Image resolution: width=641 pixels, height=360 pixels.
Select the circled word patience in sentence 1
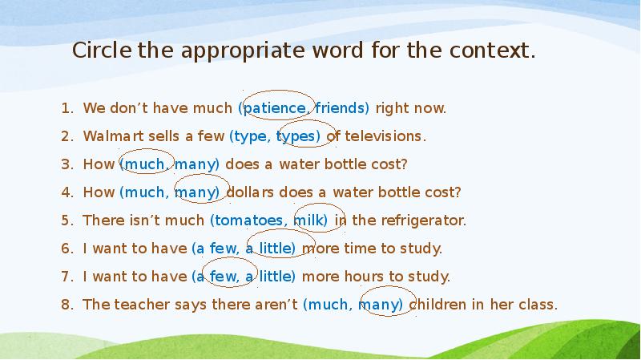click(x=275, y=108)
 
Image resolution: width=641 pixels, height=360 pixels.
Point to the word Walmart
click(x=115, y=136)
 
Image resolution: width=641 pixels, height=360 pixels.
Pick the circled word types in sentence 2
click(x=297, y=136)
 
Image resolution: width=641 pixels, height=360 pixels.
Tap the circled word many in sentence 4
click(x=196, y=192)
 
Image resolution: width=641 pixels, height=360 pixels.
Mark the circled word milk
click(x=308, y=220)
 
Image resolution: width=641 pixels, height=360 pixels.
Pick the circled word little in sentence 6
click(x=277, y=249)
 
